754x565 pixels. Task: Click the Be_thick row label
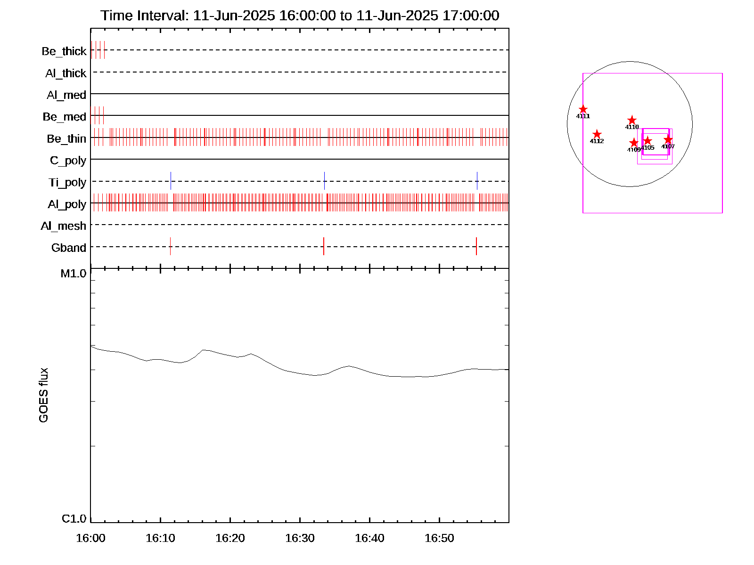point(64,51)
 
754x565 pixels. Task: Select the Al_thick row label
point(66,73)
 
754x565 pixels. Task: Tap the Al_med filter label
point(66,95)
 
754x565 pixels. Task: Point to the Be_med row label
point(64,117)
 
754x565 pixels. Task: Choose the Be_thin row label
point(66,138)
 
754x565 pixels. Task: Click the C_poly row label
point(68,161)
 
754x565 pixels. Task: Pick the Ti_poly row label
point(67,182)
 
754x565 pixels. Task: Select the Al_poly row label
point(67,204)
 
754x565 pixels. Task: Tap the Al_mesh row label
point(63,226)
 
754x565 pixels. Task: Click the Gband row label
point(68,248)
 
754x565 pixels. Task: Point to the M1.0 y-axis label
point(74,274)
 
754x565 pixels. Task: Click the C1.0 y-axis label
point(74,519)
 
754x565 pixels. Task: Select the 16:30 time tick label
point(300,538)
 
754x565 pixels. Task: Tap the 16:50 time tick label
point(439,538)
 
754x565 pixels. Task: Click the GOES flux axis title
point(43,395)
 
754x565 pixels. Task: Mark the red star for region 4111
point(583,109)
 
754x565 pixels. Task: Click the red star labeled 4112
point(597,134)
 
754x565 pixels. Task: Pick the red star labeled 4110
point(632,121)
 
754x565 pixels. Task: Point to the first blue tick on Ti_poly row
point(171,181)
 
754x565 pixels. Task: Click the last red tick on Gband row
point(476,246)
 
